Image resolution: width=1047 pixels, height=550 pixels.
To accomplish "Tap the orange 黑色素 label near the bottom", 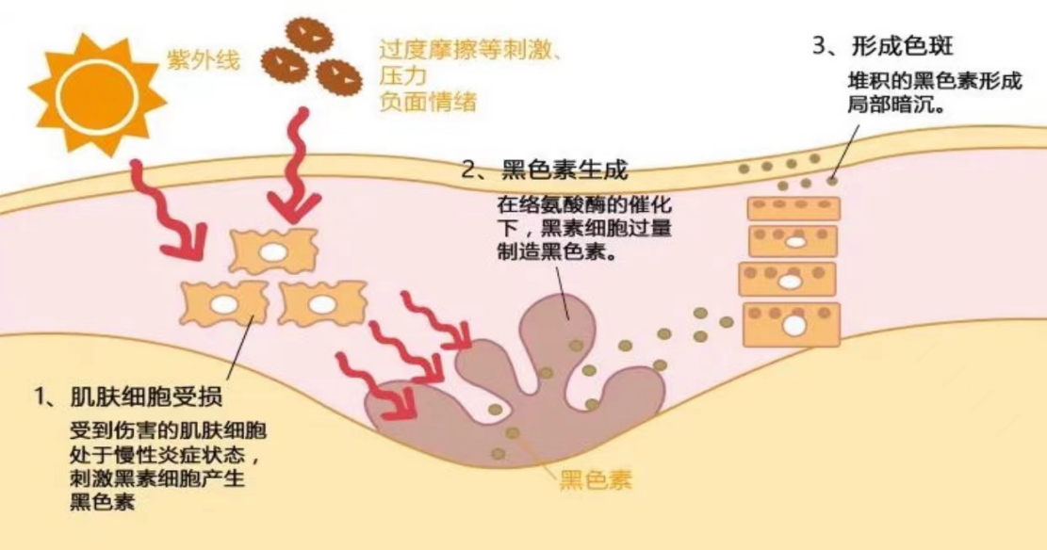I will point(595,480).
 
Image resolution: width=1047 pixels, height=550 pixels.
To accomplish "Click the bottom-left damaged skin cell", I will point(222,305).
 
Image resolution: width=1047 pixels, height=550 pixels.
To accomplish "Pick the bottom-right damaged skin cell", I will point(320,304).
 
